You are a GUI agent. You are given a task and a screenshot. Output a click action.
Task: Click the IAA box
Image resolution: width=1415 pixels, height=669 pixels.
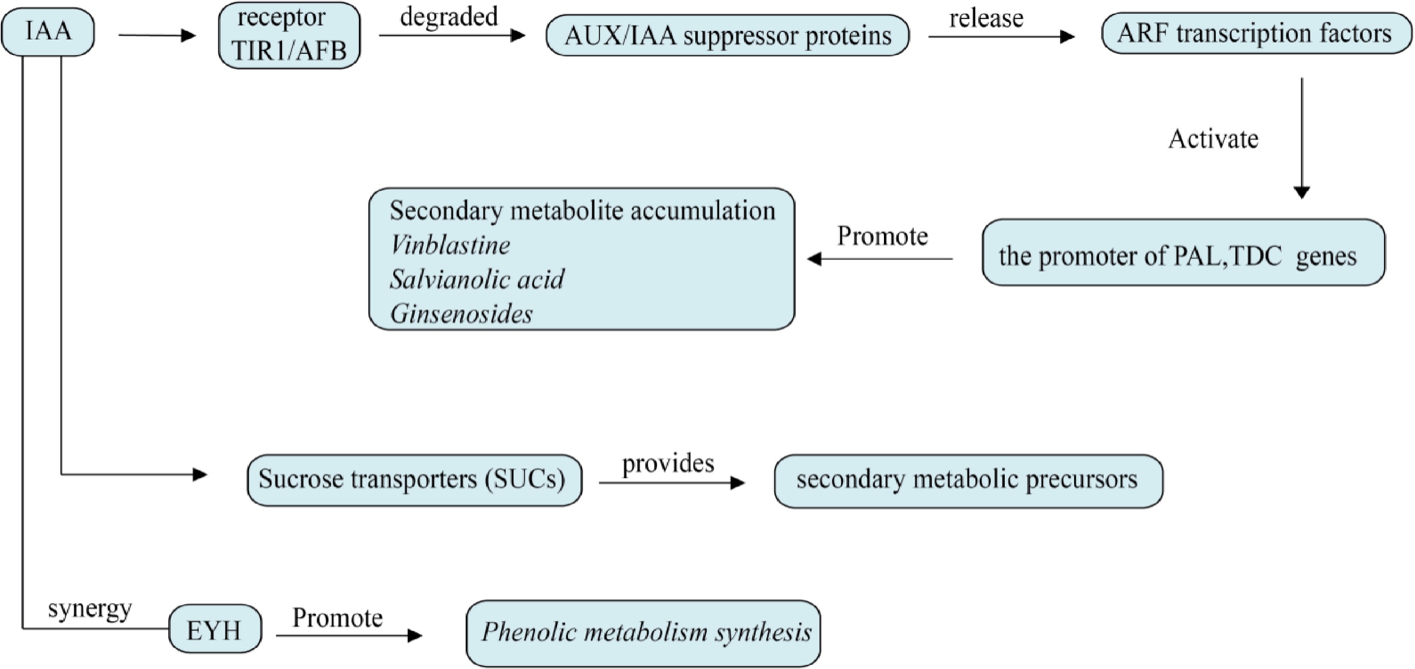click(48, 32)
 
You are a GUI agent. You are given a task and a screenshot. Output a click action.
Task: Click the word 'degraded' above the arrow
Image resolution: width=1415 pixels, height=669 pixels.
click(449, 16)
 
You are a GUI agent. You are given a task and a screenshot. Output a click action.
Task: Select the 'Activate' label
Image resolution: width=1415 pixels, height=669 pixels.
click(1213, 139)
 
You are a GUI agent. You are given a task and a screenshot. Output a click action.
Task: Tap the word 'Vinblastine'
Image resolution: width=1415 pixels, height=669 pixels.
click(450, 245)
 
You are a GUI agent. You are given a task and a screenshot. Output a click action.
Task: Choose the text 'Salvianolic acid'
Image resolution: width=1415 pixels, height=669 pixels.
click(477, 279)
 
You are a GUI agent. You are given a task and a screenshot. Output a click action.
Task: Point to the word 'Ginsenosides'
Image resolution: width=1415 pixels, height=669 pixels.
click(461, 314)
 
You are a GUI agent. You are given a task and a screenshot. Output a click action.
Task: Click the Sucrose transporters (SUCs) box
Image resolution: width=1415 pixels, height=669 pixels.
click(414, 480)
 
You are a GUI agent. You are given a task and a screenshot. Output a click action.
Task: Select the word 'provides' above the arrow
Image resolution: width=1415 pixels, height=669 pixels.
click(668, 463)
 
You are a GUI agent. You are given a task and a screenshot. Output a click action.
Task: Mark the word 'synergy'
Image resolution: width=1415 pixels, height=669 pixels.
click(90, 608)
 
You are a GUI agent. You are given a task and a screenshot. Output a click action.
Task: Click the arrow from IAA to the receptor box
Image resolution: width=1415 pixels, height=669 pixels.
click(157, 36)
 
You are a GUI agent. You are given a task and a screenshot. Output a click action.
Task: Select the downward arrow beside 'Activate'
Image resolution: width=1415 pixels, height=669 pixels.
click(1302, 137)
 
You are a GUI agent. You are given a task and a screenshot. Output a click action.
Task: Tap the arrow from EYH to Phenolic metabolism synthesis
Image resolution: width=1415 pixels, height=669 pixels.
click(349, 636)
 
